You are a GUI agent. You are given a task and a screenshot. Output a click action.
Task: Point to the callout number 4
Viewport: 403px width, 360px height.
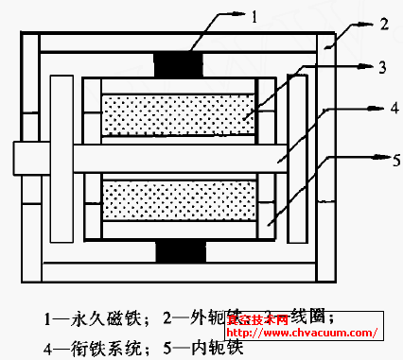point(381,110)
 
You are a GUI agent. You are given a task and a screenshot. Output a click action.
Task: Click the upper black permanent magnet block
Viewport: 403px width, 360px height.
point(178,64)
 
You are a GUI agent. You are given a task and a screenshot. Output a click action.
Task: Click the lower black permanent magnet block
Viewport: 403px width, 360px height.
point(178,253)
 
